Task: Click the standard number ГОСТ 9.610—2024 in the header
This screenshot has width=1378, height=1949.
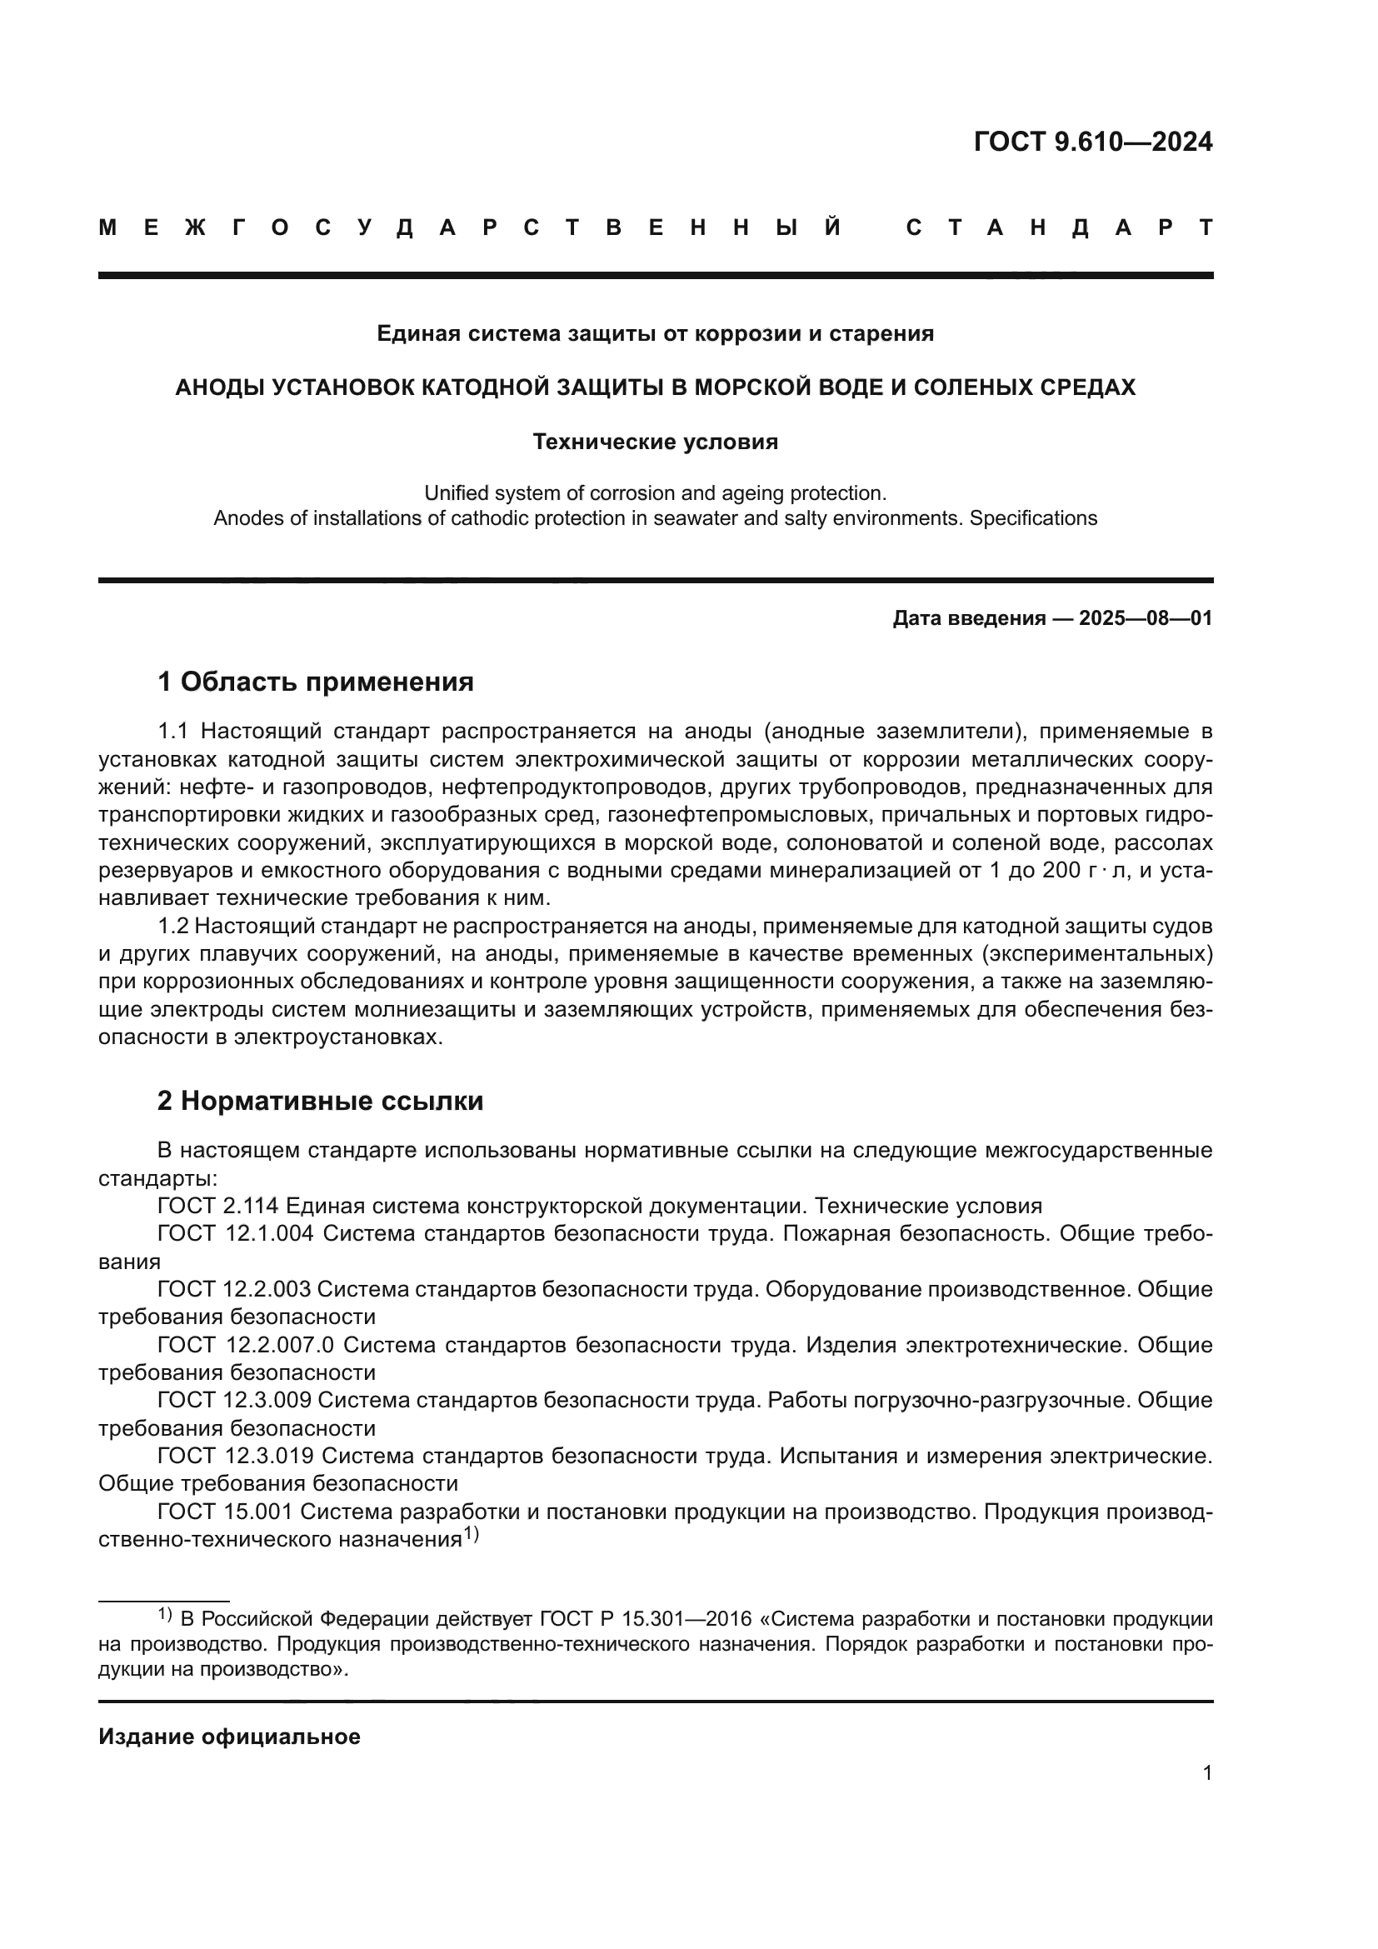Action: (x=1093, y=142)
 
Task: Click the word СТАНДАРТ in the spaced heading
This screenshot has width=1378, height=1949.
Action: (x=1059, y=227)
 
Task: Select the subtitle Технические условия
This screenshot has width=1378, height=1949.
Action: (x=655, y=442)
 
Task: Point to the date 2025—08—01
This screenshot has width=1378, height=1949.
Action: (x=1146, y=618)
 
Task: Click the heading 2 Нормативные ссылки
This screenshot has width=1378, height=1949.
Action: (x=320, y=1101)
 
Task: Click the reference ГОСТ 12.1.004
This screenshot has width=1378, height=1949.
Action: (x=235, y=1233)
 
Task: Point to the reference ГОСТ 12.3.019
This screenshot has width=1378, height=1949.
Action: (x=235, y=1456)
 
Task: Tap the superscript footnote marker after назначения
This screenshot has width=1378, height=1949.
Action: (x=471, y=1534)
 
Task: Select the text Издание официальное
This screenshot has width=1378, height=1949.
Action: (x=229, y=1737)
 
